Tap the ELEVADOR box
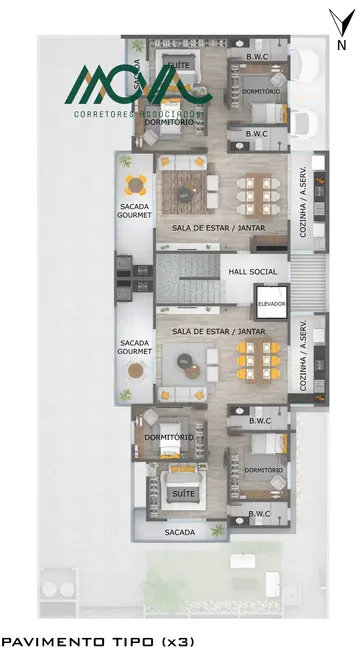pyautogui.click(x=271, y=303)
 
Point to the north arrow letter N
pyautogui.click(x=342, y=44)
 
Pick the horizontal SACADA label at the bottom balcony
pyautogui.click(x=181, y=532)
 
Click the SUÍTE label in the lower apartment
pyautogui.click(x=181, y=494)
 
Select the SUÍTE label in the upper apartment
pyautogui.click(x=179, y=66)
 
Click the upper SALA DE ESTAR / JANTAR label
pyautogui.click(x=218, y=228)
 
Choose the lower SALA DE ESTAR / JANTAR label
pyautogui.click(x=218, y=330)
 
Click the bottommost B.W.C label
pyautogui.click(x=257, y=514)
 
